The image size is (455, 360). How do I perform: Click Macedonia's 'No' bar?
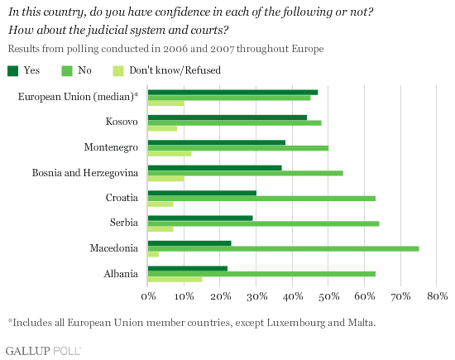click(283, 249)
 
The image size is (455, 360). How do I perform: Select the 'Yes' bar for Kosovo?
click(227, 118)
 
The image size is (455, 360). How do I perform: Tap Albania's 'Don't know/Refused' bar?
click(175, 280)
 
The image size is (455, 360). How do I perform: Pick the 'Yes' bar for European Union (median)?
click(232, 93)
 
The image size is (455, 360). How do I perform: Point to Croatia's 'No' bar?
click(261, 199)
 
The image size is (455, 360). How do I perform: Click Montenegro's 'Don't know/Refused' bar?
click(170, 154)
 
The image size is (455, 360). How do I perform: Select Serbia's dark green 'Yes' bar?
click(200, 218)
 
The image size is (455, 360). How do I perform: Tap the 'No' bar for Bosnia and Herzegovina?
click(246, 173)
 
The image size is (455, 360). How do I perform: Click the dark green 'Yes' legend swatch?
click(12, 71)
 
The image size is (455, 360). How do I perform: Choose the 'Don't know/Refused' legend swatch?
click(118, 71)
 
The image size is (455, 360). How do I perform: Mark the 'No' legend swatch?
click(67, 71)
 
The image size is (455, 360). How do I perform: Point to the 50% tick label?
click(328, 296)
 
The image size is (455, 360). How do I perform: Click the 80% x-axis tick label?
click(438, 296)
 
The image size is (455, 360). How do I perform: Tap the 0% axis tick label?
click(148, 296)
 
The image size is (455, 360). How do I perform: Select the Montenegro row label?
click(111, 147)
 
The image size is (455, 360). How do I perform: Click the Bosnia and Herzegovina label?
click(85, 173)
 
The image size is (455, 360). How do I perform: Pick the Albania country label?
click(121, 274)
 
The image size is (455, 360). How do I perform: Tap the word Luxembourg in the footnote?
click(296, 323)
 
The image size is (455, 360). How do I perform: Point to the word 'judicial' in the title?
click(103, 30)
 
